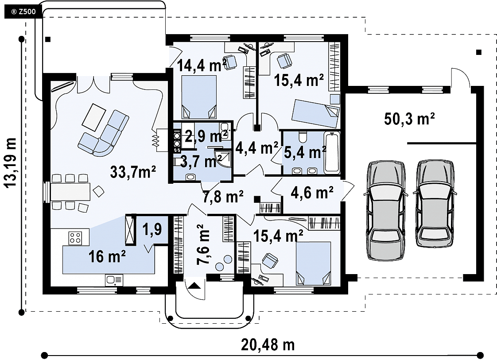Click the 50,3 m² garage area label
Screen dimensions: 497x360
(x=409, y=119)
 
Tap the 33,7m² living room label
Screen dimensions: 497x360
(x=133, y=172)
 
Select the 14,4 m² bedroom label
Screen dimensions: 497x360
(x=202, y=65)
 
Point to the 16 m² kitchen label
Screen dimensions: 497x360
(x=107, y=256)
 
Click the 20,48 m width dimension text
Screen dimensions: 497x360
(x=268, y=345)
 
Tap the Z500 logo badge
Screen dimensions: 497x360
(x=23, y=12)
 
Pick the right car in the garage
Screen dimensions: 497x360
(x=435, y=203)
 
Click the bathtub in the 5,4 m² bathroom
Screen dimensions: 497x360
(x=332, y=153)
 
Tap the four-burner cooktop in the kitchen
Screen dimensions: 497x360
(x=75, y=238)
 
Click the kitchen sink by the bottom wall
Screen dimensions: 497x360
(x=114, y=280)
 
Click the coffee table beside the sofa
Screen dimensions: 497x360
(x=94, y=117)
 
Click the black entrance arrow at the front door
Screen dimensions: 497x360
(x=194, y=286)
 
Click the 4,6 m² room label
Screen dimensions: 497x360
(x=312, y=192)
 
